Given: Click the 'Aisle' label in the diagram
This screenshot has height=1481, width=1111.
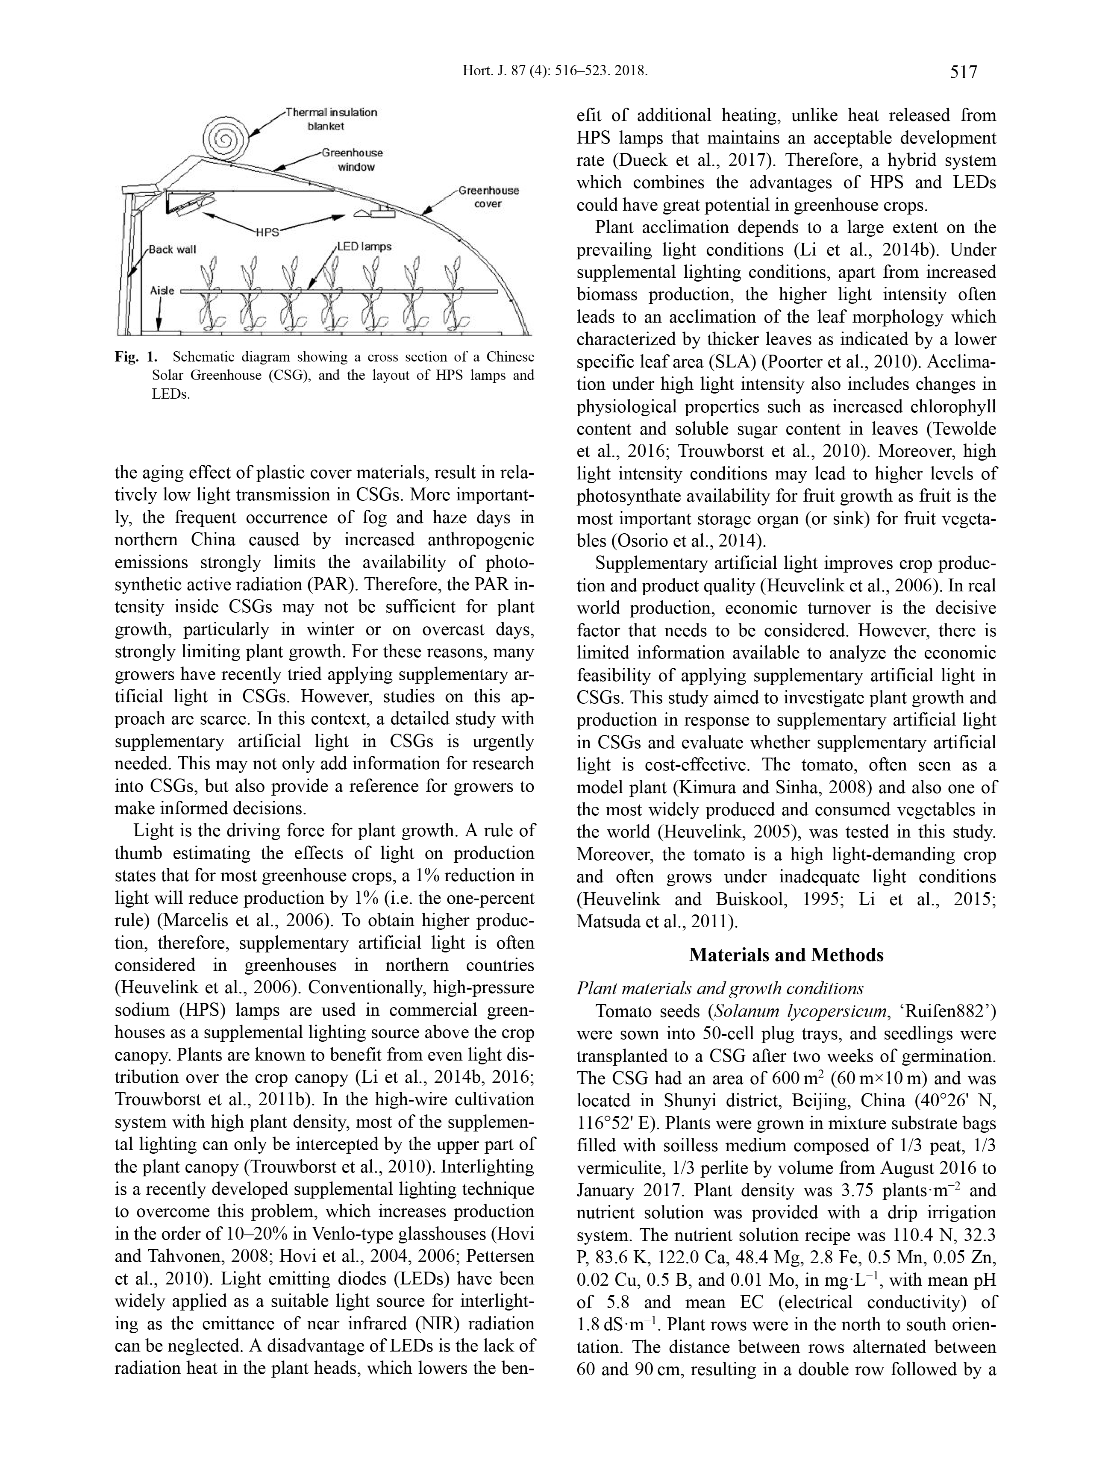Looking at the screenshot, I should pyautogui.click(x=162, y=291).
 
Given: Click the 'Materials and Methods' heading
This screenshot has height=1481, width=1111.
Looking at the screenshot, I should pyautogui.click(x=786, y=955).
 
